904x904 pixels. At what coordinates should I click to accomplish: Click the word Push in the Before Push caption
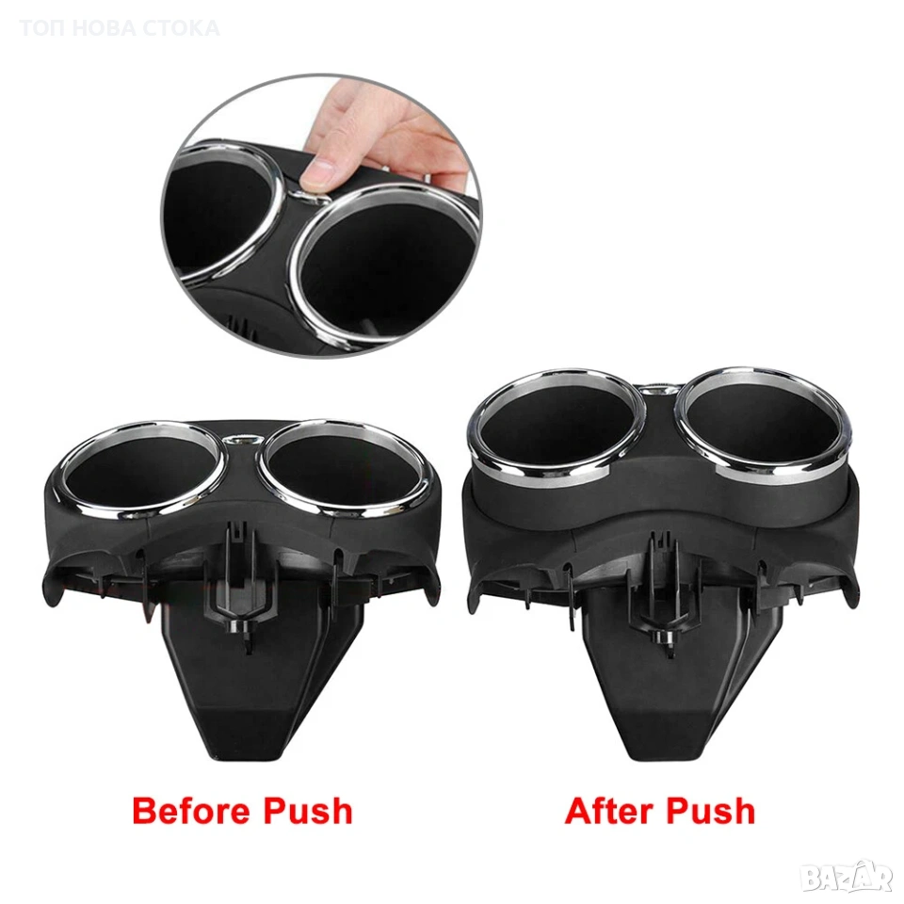click(308, 811)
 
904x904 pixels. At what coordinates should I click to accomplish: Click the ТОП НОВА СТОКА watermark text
click(120, 27)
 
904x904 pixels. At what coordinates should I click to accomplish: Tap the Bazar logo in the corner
click(851, 878)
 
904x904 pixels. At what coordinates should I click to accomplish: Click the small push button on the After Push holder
click(657, 390)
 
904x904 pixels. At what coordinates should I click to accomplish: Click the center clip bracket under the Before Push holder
click(235, 582)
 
